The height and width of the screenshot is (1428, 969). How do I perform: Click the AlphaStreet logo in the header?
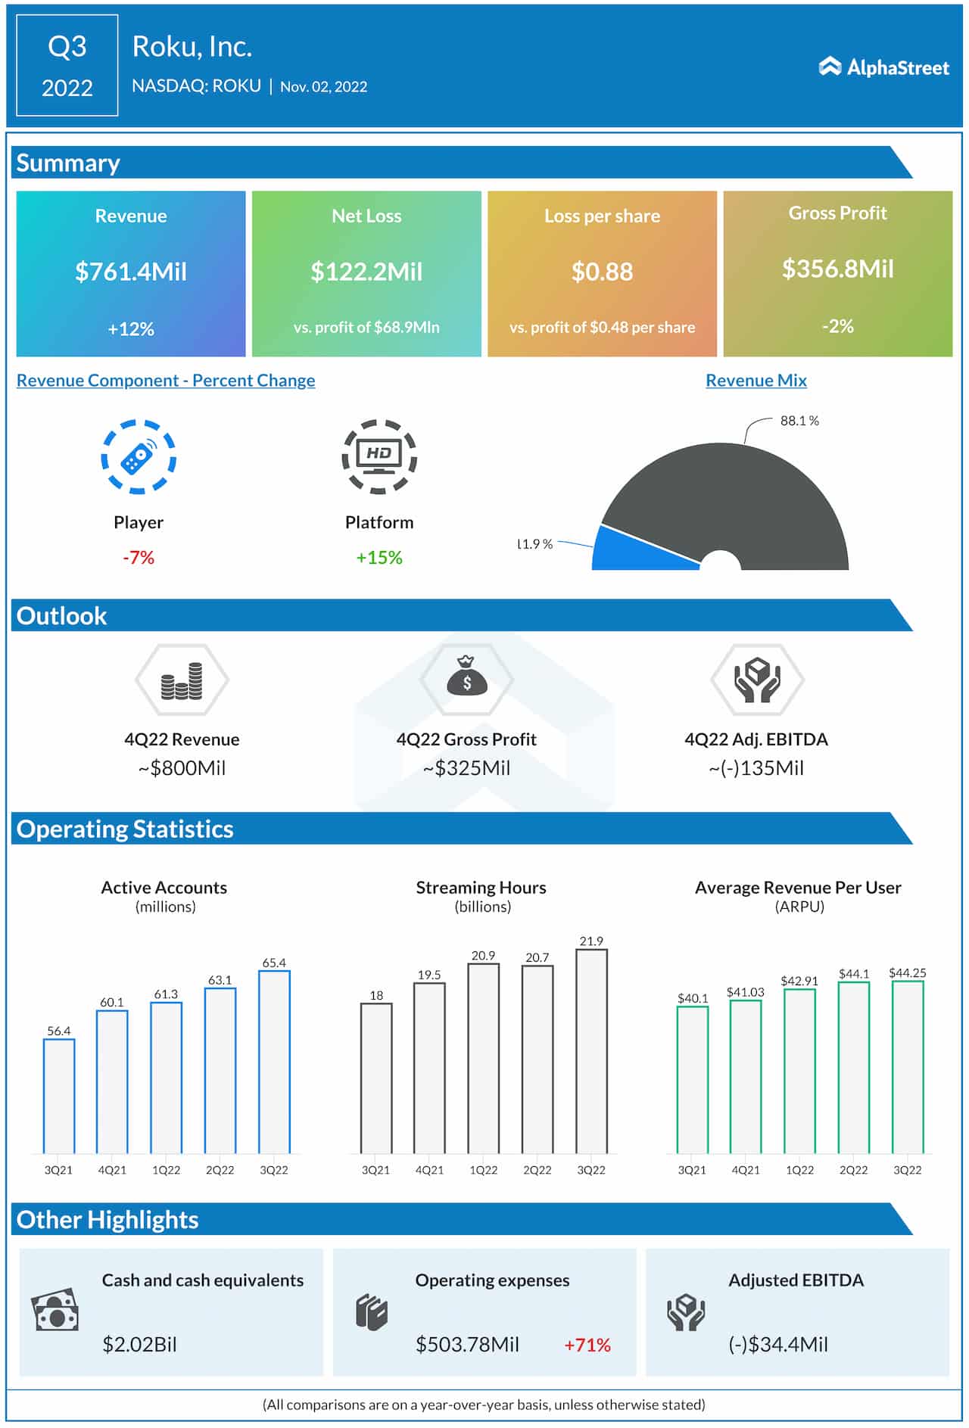pos(883,67)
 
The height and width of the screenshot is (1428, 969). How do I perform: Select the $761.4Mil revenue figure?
pos(131,272)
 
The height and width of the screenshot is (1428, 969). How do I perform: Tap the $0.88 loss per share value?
pos(602,272)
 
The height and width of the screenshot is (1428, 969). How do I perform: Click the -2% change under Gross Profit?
pos(837,326)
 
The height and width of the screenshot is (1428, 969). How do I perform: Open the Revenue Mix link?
pos(756,380)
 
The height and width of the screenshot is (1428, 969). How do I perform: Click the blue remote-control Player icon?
pos(139,457)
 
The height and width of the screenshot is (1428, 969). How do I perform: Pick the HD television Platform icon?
pos(379,456)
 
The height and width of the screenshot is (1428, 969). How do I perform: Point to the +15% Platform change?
pos(379,558)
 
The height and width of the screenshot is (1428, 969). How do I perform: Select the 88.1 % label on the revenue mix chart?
pos(799,421)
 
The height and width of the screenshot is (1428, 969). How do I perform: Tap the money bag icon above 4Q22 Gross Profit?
pos(466,677)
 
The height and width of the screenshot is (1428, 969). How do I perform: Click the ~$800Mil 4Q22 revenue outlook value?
pos(182,768)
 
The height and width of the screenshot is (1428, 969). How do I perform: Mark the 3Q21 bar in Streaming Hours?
pos(376,1078)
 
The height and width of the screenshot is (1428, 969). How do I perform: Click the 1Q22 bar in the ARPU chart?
pos(799,1071)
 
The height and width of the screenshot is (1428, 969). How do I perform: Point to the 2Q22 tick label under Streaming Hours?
pos(537,1170)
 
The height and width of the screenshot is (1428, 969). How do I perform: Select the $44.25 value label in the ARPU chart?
pos(907,972)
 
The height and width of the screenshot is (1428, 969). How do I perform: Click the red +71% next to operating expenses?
pos(587,1345)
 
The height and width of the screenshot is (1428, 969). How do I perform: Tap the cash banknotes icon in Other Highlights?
pos(55,1310)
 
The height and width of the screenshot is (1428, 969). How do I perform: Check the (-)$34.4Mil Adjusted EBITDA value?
pos(778,1344)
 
